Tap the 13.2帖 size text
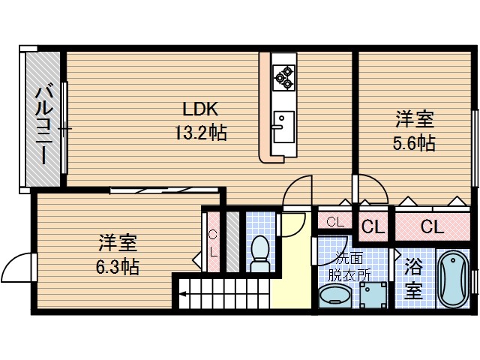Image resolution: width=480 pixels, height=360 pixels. (200, 133)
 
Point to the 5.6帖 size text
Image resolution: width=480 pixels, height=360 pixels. (414, 142)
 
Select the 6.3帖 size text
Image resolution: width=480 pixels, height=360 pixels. (118, 266)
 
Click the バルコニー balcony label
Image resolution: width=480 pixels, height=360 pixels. (43, 124)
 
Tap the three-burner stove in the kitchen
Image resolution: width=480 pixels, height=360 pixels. (283, 74)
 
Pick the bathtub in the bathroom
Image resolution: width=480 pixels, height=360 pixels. (452, 278)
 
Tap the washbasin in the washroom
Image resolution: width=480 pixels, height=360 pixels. (333, 297)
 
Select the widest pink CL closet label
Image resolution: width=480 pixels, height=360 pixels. (430, 226)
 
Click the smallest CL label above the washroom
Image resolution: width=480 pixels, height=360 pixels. (334, 222)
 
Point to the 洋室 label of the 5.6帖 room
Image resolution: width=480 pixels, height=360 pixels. (414, 119)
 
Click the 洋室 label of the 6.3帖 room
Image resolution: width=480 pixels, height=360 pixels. (118, 243)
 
